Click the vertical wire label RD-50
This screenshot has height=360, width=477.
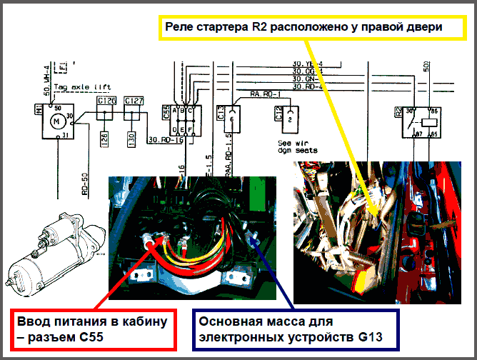(x=84, y=182)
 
